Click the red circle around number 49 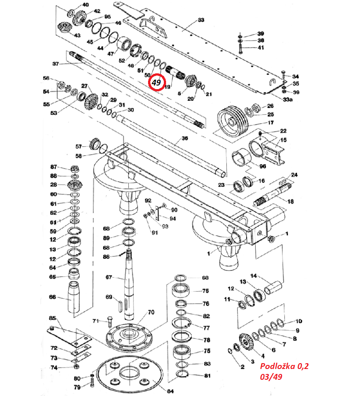click(x=156, y=82)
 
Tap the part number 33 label click(x=201, y=20)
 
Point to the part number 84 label click(x=170, y=391)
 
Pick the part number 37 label click(x=56, y=64)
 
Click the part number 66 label click(x=53, y=297)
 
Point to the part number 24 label click(x=295, y=175)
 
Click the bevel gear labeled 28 click(x=73, y=184)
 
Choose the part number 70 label click(x=151, y=312)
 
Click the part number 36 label click(x=184, y=139)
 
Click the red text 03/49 click(x=272, y=377)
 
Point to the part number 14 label click(x=253, y=276)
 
